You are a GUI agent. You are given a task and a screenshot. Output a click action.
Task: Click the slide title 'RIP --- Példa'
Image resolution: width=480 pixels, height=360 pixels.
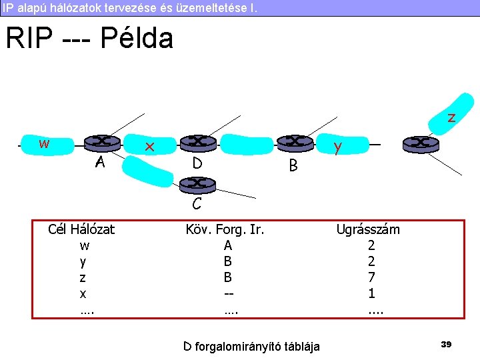pyautogui.click(x=89, y=39)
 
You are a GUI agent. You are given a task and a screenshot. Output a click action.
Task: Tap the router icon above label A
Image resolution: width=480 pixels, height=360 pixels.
pyautogui.click(x=102, y=142)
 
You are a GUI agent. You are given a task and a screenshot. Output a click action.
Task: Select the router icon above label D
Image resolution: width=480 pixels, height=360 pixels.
pyautogui.click(x=197, y=142)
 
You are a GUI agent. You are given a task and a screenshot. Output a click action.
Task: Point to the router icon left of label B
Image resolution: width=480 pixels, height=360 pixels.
pyautogui.click(x=293, y=142)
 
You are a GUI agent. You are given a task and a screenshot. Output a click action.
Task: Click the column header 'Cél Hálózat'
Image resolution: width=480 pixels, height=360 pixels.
pyautogui.click(x=81, y=229)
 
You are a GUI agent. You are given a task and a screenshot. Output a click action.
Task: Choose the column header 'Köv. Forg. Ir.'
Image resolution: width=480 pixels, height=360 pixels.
pyautogui.click(x=225, y=229)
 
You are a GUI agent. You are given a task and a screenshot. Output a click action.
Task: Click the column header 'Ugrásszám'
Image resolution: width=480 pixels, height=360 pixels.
pyautogui.click(x=368, y=229)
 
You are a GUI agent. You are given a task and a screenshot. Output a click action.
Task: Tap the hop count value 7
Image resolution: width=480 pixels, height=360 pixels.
pyautogui.click(x=371, y=277)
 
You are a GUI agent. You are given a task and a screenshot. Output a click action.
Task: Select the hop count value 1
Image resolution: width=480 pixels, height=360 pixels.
pyautogui.click(x=371, y=293)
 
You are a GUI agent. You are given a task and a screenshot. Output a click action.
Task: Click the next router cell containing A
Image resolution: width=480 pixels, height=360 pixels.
pyautogui.click(x=228, y=245)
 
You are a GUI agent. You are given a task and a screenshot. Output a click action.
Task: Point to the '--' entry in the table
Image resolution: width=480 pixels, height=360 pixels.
pyautogui.click(x=228, y=293)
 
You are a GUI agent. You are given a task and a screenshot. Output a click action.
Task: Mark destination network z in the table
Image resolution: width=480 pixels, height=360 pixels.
pyautogui.click(x=83, y=277)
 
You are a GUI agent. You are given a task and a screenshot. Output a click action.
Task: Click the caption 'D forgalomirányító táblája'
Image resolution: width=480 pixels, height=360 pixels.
pyautogui.click(x=251, y=346)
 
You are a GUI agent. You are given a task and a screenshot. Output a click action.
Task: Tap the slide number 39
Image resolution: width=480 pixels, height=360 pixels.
pyautogui.click(x=446, y=344)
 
